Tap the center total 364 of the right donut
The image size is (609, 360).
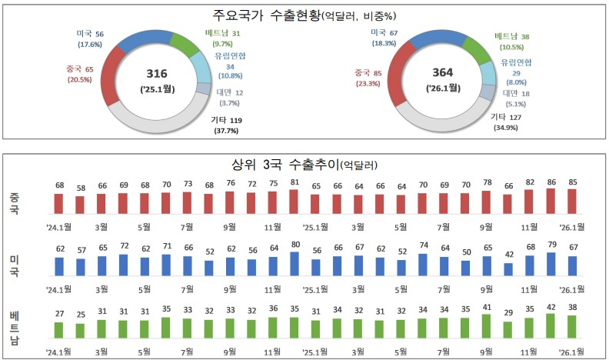(444, 74)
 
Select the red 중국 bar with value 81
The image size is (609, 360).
(294, 202)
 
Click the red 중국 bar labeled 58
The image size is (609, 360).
(80, 205)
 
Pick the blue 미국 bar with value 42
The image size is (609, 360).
(507, 269)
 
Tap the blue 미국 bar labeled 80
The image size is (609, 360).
(294, 264)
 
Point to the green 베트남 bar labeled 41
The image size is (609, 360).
(486, 326)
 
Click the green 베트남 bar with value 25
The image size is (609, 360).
(80, 331)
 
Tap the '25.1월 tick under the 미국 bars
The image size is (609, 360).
(315, 289)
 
